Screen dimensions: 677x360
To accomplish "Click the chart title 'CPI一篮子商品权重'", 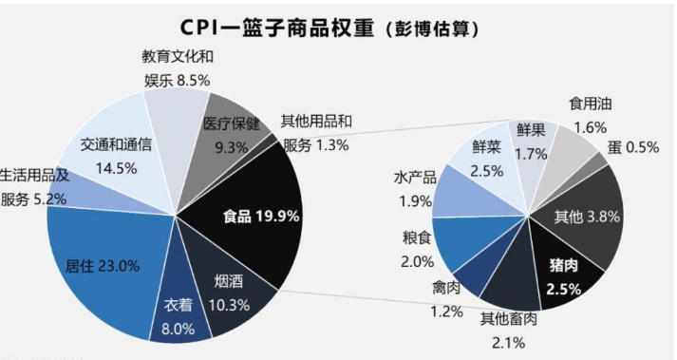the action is tap(276, 28).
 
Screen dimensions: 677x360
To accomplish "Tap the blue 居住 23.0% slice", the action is tap(103, 268).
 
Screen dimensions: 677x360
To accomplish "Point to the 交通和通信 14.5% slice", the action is tap(117, 156).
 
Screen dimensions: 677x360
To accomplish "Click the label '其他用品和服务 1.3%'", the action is tap(316, 133).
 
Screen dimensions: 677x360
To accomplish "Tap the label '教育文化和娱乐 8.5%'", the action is tap(178, 68).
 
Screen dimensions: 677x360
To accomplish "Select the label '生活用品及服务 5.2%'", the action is tap(34, 187).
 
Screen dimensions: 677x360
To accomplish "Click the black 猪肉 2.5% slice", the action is tap(566, 273).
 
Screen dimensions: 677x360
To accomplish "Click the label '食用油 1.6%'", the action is tap(591, 115).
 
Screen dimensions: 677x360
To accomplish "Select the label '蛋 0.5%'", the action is tap(633, 147).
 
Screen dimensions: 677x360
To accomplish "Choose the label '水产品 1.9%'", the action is tap(415, 189).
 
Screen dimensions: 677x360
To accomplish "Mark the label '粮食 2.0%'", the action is tap(417, 250).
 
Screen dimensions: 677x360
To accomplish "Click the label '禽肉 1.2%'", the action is tap(446, 299).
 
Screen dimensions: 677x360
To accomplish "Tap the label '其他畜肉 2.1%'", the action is tap(509, 331).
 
